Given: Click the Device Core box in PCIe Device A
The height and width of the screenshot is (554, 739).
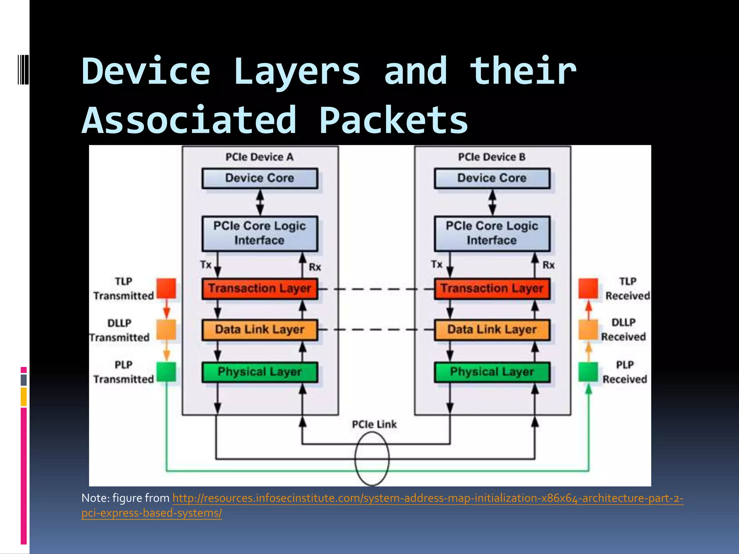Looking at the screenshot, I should click(x=260, y=178).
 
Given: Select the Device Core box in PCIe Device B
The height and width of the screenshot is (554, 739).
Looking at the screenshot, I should click(x=492, y=178).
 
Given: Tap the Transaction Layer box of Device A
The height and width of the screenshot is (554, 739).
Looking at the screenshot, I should click(x=260, y=289).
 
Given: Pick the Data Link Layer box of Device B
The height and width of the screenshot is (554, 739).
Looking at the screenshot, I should click(x=492, y=330).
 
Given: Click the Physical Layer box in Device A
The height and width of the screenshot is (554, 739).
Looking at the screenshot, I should click(x=260, y=372).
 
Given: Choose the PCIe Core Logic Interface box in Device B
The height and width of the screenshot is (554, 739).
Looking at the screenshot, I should click(x=492, y=233).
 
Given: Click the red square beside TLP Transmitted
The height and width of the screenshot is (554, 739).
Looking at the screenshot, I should click(x=166, y=288).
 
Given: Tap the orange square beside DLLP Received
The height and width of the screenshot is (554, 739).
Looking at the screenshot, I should click(x=588, y=330).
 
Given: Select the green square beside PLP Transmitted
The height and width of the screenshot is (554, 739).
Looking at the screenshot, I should click(x=166, y=372).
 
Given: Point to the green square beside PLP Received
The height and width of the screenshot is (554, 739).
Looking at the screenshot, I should click(x=588, y=372).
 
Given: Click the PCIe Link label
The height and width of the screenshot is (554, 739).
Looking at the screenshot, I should click(x=374, y=425).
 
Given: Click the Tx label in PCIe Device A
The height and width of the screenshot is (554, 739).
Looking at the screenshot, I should click(x=206, y=265).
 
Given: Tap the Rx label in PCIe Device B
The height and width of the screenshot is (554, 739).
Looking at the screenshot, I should click(x=548, y=265).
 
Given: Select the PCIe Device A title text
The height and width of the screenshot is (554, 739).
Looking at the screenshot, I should click(x=259, y=157).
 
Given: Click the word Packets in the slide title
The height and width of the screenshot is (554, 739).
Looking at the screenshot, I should click(x=393, y=120).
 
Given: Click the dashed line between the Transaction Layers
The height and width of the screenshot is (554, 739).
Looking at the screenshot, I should click(x=375, y=289).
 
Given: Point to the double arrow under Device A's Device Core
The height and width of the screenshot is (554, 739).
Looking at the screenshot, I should click(x=260, y=202).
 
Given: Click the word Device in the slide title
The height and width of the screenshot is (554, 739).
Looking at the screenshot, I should click(x=146, y=71).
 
